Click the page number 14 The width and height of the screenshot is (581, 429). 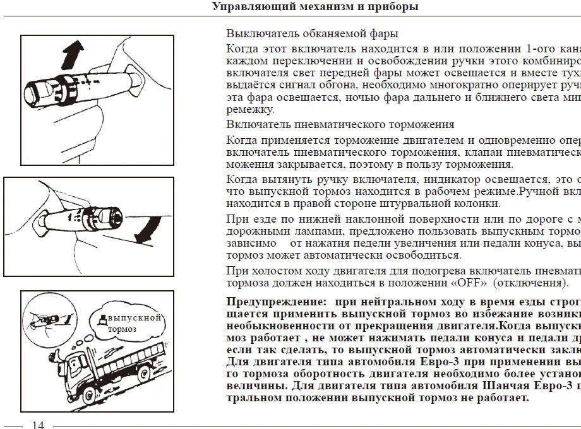(x=38, y=425)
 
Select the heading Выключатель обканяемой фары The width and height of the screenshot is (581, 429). (x=312, y=33)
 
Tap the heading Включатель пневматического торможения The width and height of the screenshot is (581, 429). (x=340, y=124)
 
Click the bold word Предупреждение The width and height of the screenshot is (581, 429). (x=277, y=302)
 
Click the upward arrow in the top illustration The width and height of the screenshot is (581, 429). (x=73, y=54)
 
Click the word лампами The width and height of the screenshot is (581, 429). (x=292, y=231)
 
